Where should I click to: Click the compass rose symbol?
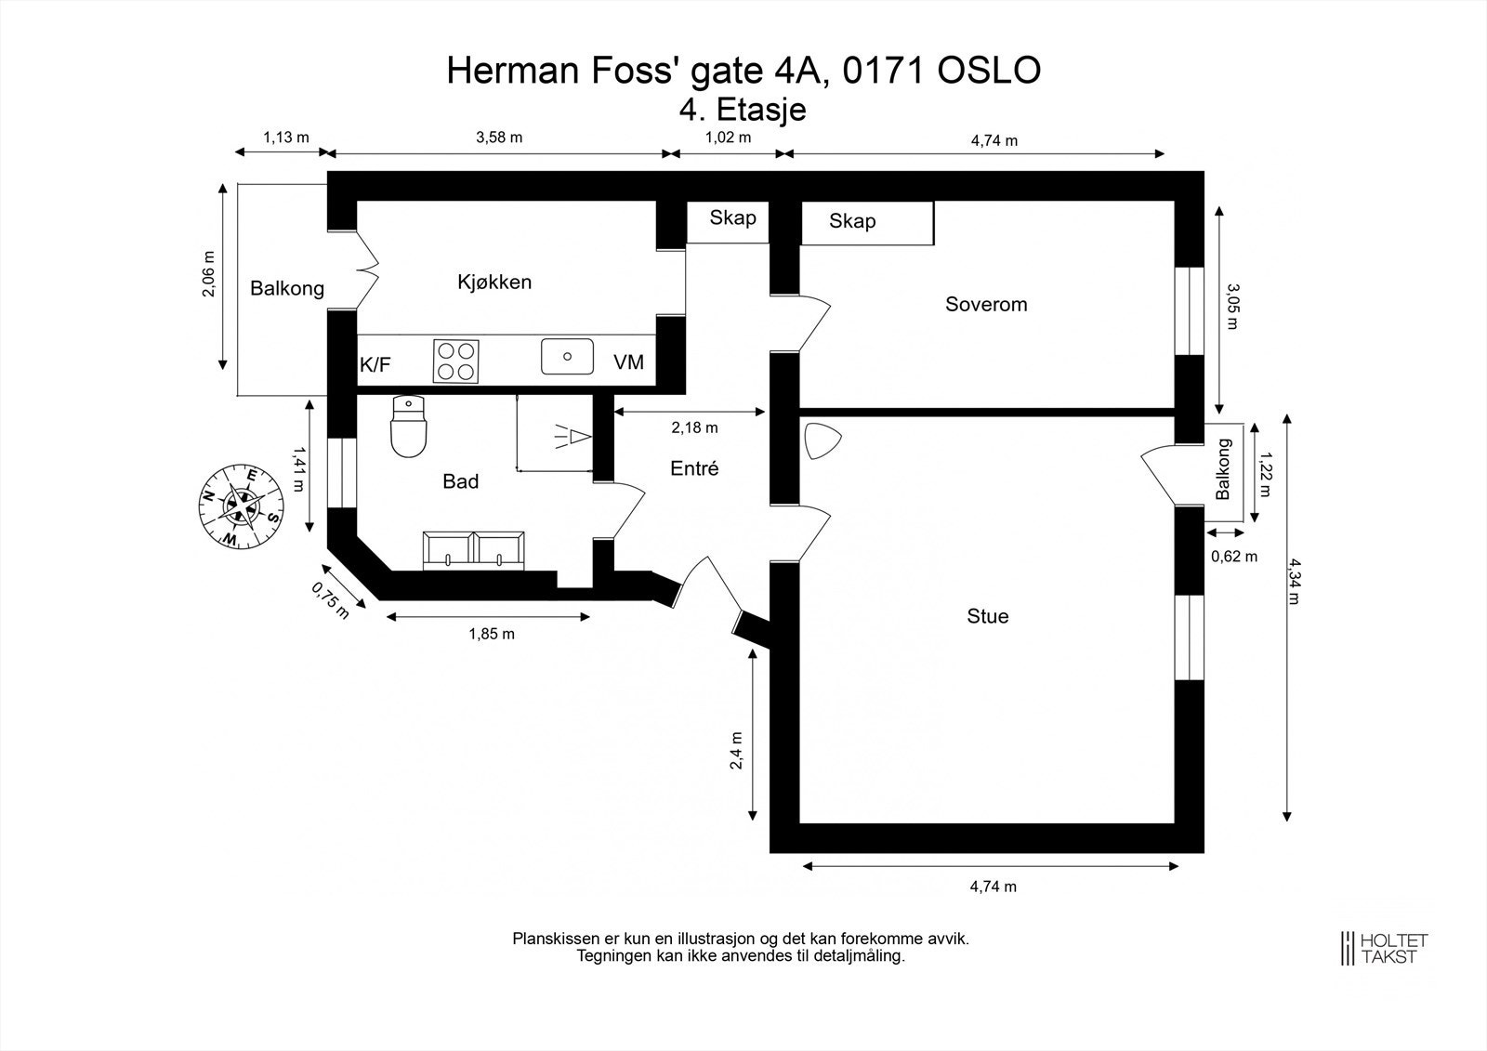241,506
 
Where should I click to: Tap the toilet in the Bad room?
408,427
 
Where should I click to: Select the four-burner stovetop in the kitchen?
456,361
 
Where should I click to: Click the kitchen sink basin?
567,357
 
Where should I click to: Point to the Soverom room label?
986,304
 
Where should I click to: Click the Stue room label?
988,616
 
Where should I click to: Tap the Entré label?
694,468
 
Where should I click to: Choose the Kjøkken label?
494,282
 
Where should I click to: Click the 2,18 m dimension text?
694,427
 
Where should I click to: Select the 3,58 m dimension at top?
499,138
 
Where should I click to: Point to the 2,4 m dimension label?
736,750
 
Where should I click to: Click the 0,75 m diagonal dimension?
330,601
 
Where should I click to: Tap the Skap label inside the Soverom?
852,220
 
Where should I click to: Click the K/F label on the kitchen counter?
375,364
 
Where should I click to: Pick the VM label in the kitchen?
628,361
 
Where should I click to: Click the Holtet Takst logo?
1384,948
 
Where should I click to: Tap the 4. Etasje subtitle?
743,110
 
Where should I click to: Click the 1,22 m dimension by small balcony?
1265,473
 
